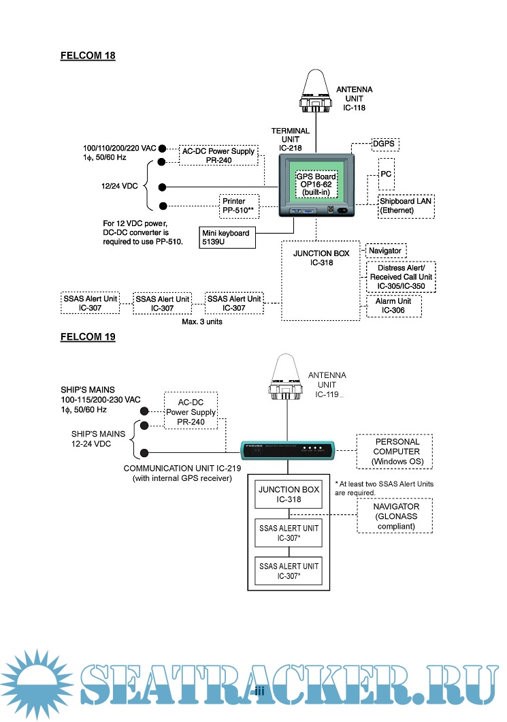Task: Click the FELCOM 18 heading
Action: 88,56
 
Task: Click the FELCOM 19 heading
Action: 88,336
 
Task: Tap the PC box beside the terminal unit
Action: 386,174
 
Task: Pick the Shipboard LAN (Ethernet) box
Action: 406,206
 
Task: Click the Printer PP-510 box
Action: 238,205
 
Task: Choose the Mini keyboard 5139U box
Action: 226,236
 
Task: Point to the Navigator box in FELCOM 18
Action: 386,251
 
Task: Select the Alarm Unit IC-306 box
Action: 393,306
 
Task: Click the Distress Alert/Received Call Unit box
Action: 402,277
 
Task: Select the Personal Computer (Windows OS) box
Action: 397,452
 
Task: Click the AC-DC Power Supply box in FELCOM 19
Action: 191,411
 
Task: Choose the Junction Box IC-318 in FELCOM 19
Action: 288,494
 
